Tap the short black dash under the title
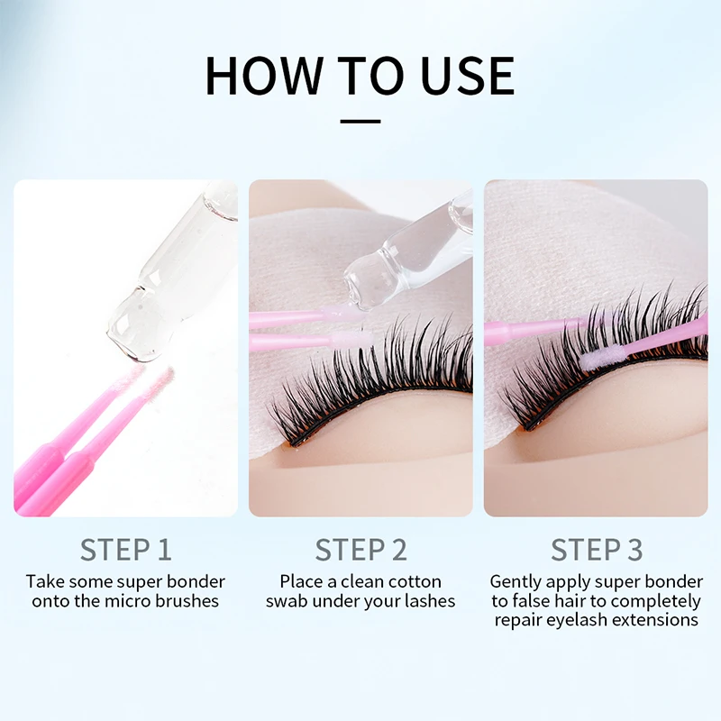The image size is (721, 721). tap(360, 119)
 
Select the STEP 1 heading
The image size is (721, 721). tap(125, 549)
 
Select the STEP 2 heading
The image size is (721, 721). tap(360, 549)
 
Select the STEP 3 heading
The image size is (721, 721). tap(596, 549)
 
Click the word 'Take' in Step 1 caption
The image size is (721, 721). tap(43, 581)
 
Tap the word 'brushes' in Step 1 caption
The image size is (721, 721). tap(188, 601)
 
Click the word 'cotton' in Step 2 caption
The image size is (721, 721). tap(412, 581)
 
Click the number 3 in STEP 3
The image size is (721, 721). tap(635, 549)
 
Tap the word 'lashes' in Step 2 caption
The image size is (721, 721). tap(430, 601)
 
